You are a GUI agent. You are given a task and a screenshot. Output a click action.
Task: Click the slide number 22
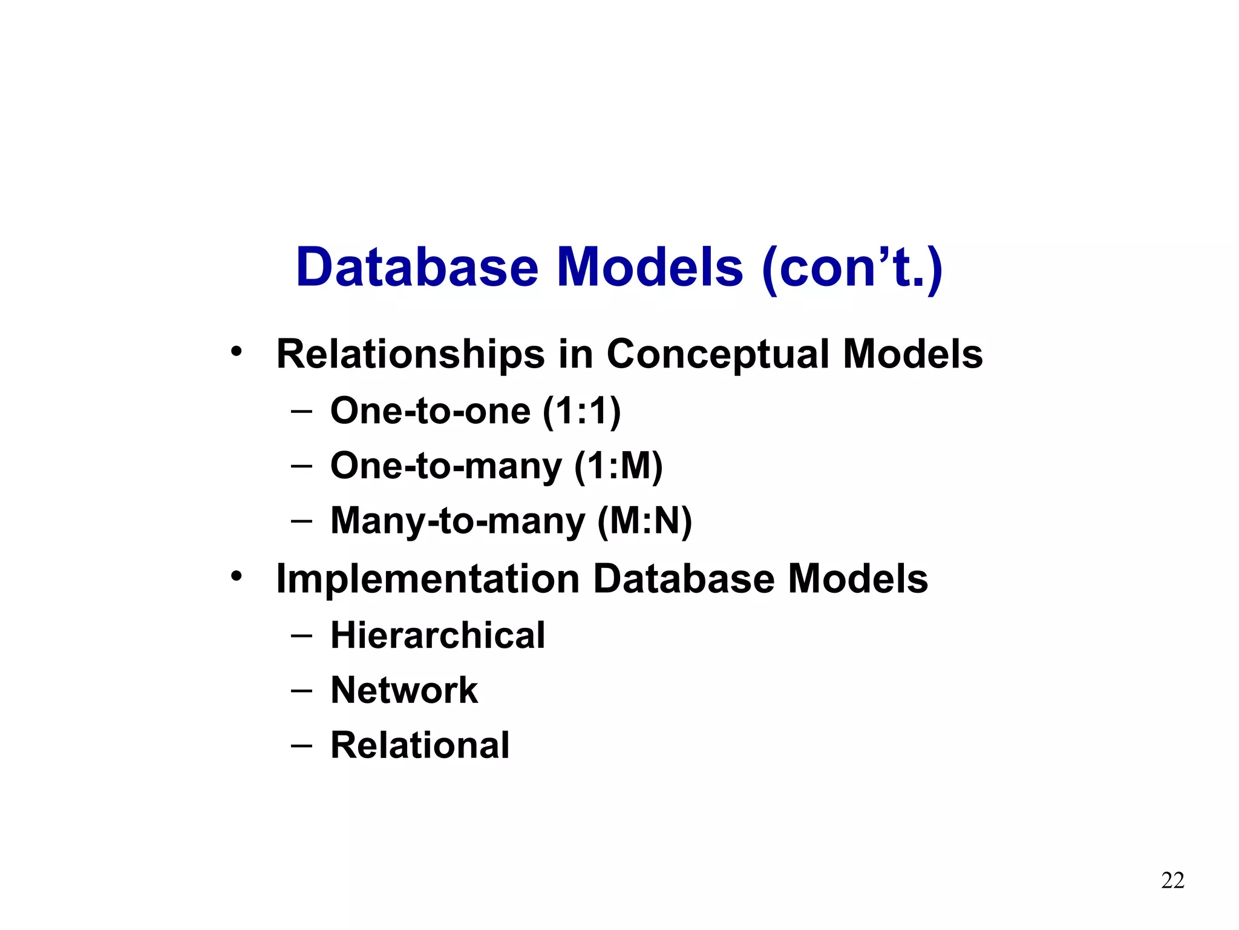[1172, 880]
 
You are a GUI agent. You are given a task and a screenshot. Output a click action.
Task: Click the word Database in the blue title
[417, 268]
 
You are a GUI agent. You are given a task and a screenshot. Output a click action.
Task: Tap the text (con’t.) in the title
[852, 268]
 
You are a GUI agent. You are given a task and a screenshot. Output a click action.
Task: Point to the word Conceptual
[718, 354]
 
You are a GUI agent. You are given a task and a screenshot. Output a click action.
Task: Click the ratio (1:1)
[581, 411]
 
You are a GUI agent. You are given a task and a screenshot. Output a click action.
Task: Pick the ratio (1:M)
[618, 466]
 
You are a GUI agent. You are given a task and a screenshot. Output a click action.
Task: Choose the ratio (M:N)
[644, 521]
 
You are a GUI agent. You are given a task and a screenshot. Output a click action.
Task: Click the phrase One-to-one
[430, 411]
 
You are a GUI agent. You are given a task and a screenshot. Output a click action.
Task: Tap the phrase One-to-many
[446, 466]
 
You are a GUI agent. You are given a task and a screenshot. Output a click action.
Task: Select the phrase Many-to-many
[458, 521]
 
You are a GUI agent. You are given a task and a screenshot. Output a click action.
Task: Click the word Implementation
[428, 579]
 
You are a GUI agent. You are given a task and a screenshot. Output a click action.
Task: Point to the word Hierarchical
[437, 636]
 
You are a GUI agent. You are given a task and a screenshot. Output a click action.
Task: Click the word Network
[404, 690]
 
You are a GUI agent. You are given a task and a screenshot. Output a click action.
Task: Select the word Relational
[420, 745]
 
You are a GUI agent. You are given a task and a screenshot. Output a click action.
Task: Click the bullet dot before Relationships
[236, 351]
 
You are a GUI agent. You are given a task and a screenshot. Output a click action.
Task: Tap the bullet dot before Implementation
[236, 576]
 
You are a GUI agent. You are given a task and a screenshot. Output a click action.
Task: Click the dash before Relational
[301, 745]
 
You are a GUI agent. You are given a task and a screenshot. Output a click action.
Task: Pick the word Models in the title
[649, 268]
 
